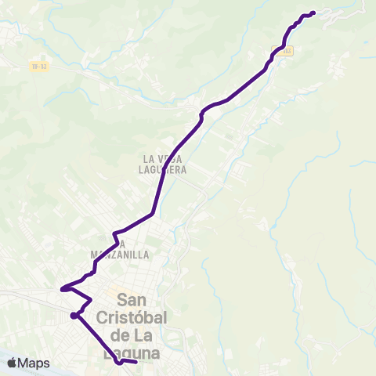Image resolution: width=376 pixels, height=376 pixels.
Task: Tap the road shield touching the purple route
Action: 283,50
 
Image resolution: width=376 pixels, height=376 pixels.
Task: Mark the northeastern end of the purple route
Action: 313,12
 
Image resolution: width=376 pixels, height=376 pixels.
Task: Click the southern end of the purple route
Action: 136,362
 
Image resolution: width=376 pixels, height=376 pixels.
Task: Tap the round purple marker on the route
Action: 73,316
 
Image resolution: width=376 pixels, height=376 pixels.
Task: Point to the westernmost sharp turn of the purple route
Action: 60,288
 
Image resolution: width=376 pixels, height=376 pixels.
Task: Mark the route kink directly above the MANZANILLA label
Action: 114,233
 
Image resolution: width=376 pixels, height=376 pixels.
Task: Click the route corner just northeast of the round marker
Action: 91,300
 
